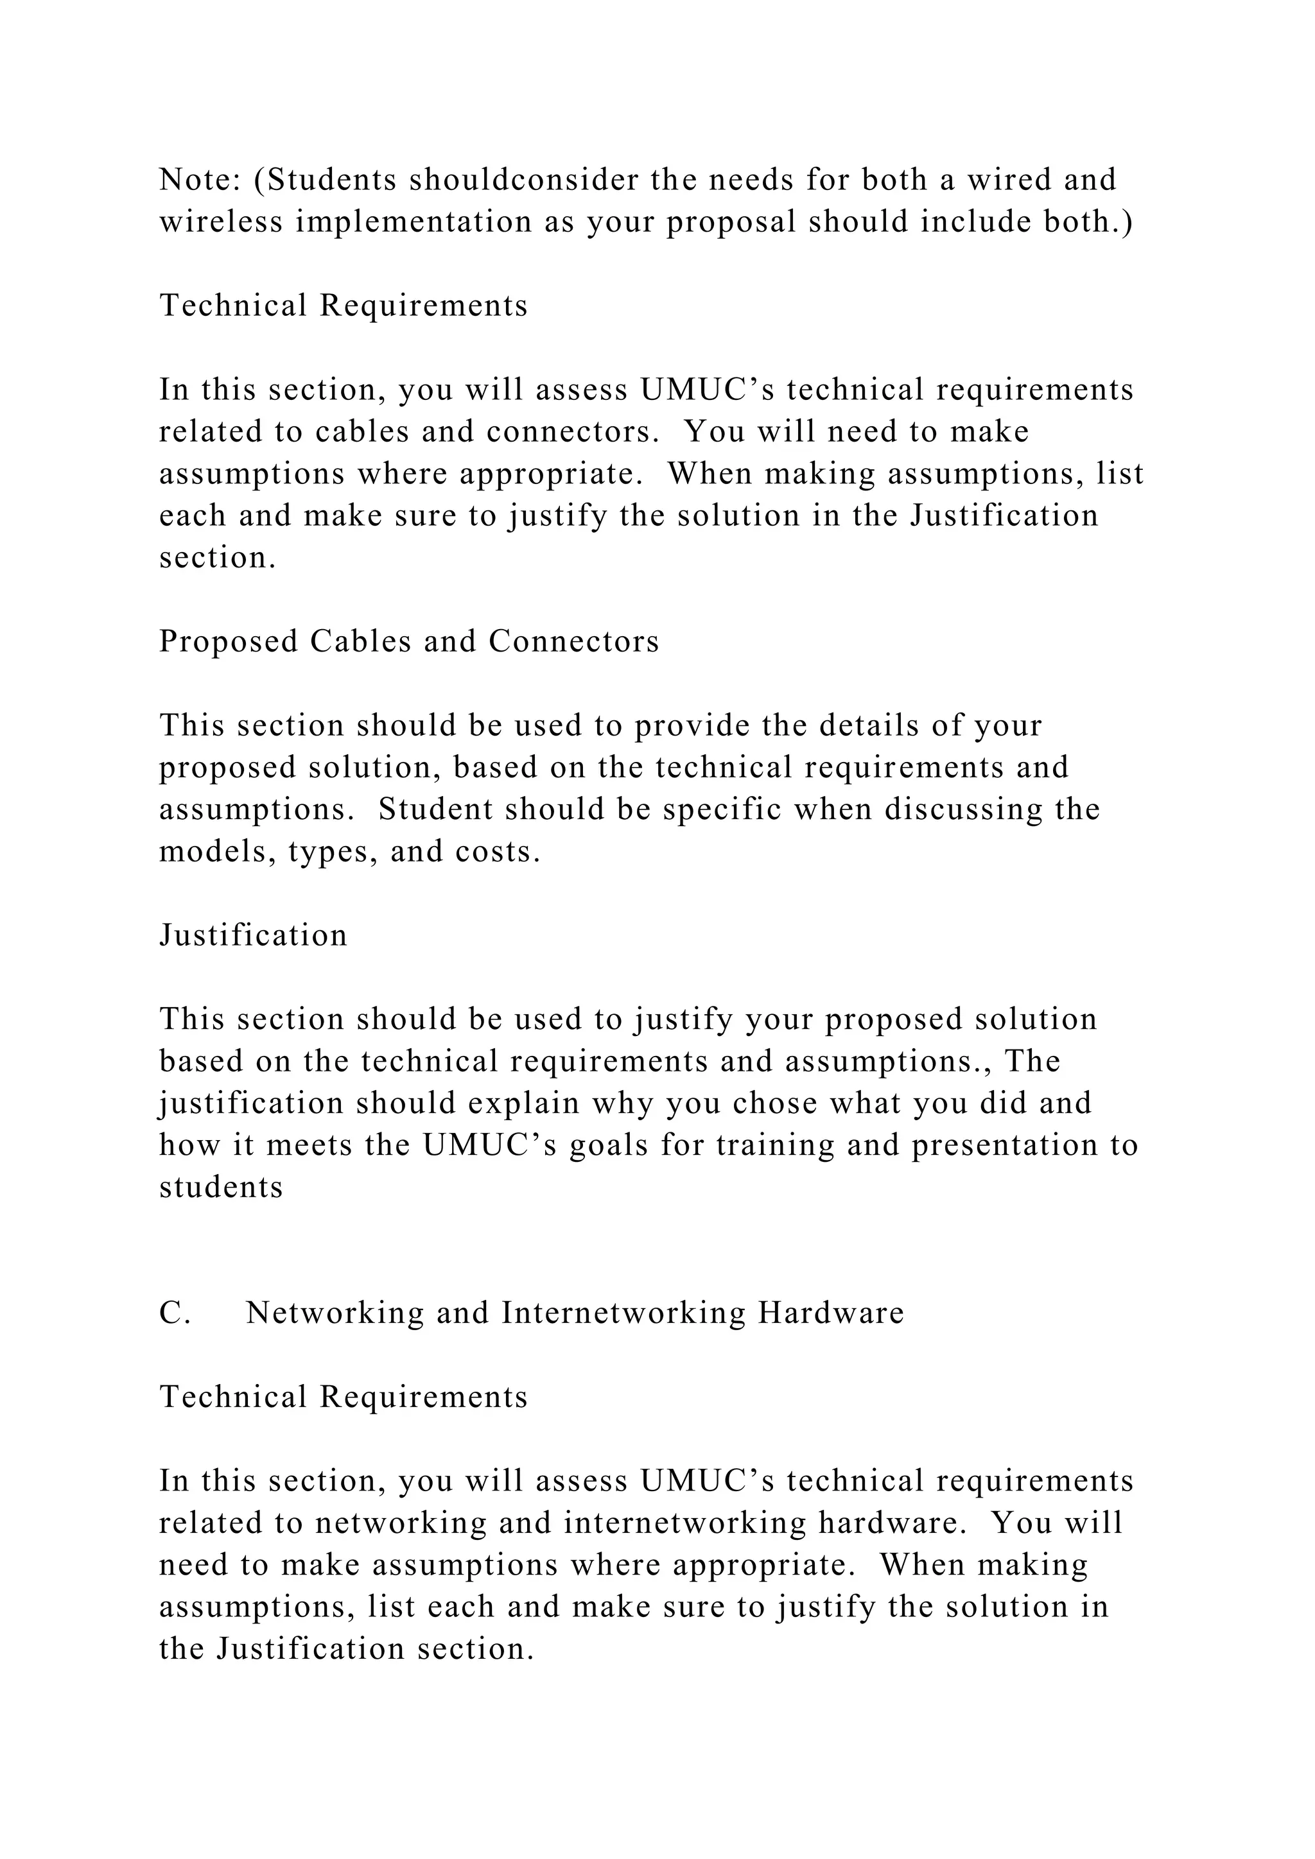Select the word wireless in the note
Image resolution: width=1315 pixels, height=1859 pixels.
pyautogui.click(x=221, y=222)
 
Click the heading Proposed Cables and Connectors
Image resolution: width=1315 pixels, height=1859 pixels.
pyautogui.click(x=409, y=641)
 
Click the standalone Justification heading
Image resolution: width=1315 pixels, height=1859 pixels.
pyautogui.click(x=252, y=935)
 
